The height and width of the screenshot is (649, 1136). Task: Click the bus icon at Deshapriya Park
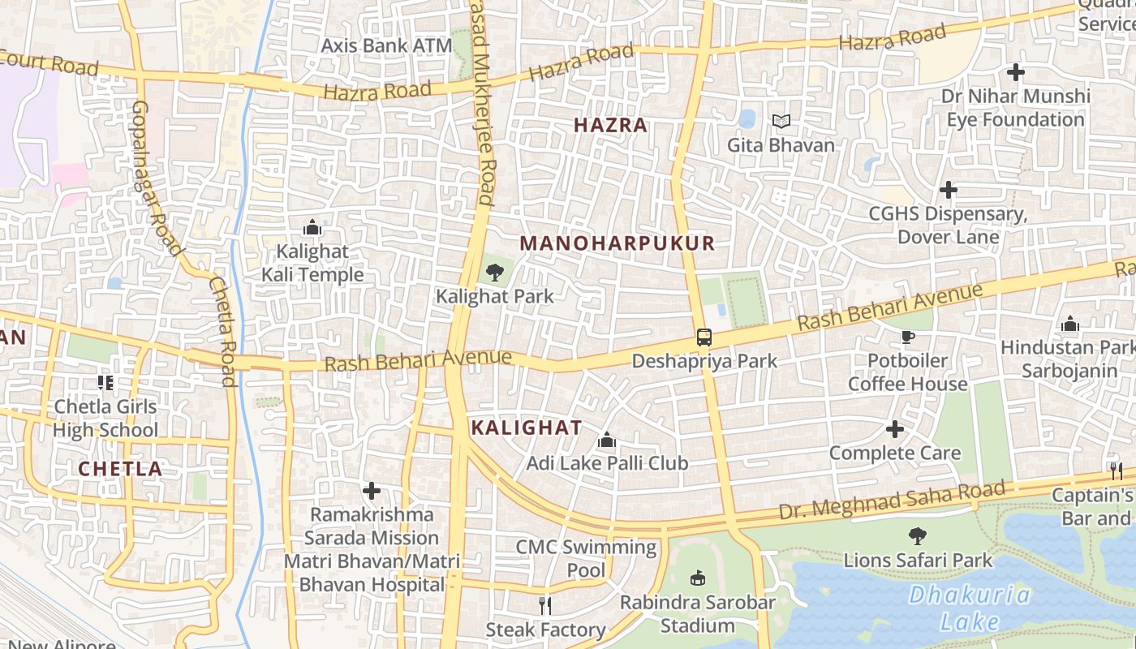click(x=704, y=337)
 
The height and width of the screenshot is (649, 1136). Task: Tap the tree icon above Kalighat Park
click(x=494, y=273)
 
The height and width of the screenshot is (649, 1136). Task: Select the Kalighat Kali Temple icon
click(x=312, y=228)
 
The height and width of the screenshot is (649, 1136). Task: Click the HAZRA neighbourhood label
click(x=610, y=125)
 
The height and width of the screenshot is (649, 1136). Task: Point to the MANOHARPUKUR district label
click(x=617, y=243)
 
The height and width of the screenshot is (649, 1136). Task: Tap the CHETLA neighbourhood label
click(x=120, y=468)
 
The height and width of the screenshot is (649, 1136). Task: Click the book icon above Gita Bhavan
click(x=781, y=122)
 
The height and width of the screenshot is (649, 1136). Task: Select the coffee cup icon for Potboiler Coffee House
click(x=907, y=337)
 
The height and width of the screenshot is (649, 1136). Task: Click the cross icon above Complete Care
click(x=895, y=429)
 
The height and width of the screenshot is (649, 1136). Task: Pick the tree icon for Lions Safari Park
click(x=918, y=536)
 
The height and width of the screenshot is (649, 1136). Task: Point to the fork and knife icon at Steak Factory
click(x=545, y=605)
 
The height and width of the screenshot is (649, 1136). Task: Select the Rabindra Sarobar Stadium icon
click(x=697, y=578)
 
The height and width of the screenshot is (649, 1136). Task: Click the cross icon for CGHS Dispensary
click(x=948, y=191)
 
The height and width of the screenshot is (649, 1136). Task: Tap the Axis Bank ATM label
click(x=386, y=45)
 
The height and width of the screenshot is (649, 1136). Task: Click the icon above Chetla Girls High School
click(x=105, y=382)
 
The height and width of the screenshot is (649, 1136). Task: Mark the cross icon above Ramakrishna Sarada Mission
click(x=371, y=491)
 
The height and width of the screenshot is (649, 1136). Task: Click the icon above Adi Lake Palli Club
click(x=606, y=441)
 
